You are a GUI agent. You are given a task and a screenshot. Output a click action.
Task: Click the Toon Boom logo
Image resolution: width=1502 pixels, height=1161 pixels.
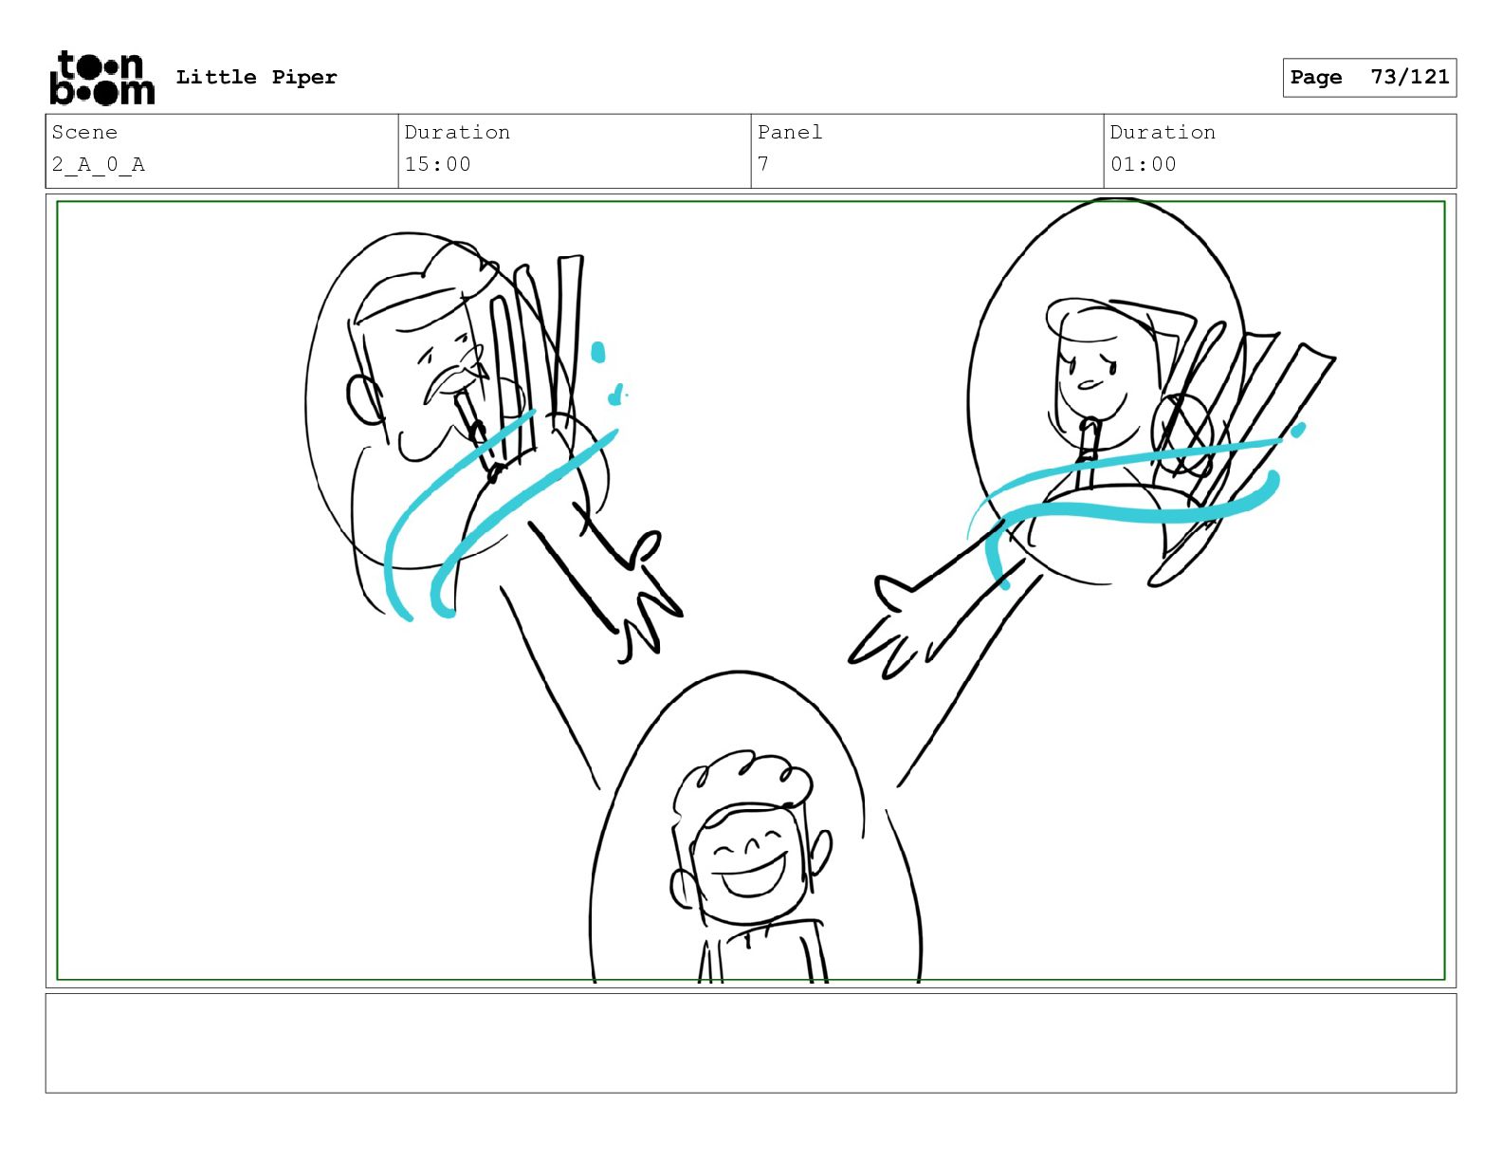(102, 78)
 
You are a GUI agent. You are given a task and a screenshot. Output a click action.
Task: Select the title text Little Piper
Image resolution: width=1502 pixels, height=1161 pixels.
(256, 77)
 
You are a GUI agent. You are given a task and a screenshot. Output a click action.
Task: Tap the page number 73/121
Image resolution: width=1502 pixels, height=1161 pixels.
(1409, 77)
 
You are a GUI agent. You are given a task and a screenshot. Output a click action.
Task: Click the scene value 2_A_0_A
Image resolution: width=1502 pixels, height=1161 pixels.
(99, 165)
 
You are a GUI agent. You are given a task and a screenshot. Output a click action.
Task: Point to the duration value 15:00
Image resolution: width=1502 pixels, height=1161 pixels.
(437, 165)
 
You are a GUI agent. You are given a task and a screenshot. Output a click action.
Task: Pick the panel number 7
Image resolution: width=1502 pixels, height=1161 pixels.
(763, 165)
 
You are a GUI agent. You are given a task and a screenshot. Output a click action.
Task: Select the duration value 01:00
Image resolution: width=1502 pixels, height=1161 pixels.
(1143, 165)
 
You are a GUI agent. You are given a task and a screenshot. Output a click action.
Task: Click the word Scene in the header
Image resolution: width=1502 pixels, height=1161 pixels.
(84, 132)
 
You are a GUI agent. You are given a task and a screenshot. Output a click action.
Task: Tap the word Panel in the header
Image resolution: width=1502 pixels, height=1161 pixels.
(789, 132)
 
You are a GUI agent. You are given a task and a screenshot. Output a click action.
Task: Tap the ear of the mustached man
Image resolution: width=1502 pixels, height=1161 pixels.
(364, 399)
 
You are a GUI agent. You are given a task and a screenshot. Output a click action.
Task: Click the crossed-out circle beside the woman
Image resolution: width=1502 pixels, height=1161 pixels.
(1182, 433)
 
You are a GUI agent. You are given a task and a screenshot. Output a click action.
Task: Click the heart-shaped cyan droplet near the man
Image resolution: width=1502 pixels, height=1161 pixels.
(615, 396)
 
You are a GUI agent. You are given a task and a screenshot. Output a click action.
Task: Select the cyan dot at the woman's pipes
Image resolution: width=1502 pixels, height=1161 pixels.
(1298, 430)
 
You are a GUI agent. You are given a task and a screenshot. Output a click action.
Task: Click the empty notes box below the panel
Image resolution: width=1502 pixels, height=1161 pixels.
(751, 1043)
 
